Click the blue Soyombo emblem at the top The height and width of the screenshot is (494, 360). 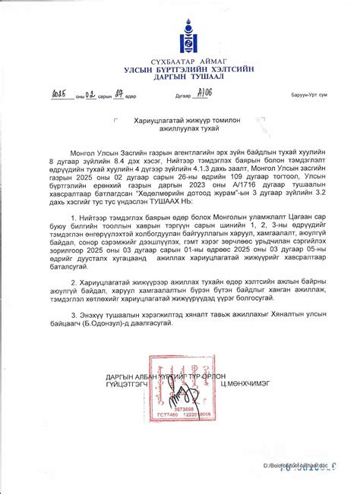coord(179,37)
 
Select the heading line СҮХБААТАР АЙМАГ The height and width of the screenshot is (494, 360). coord(180,61)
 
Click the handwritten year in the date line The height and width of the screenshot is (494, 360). coord(59,95)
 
